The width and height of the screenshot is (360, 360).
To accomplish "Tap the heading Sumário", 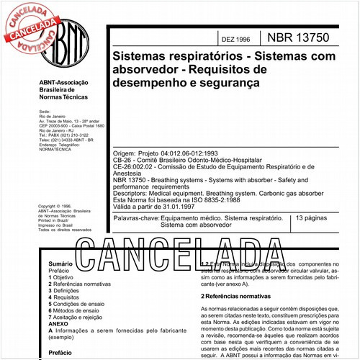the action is click(60, 265).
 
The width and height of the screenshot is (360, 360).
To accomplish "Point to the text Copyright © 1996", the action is click(57, 206).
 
